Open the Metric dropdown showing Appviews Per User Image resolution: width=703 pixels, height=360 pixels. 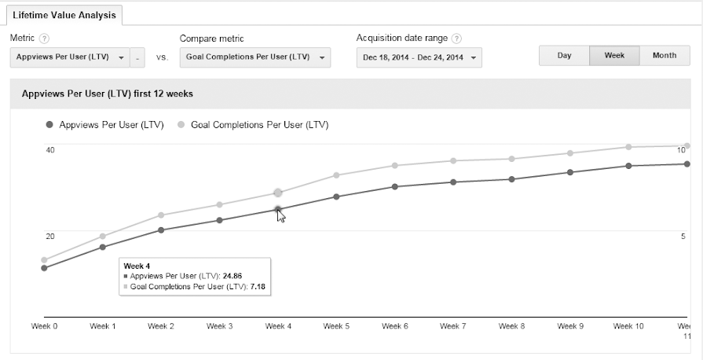pos(71,57)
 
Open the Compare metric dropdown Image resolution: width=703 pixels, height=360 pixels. pos(254,57)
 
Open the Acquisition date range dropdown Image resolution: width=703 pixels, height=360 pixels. pos(419,57)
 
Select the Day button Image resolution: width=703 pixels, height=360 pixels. pos(564,56)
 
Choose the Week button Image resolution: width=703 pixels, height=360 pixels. pos(614,56)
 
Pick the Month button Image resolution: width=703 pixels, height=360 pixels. pos(665,56)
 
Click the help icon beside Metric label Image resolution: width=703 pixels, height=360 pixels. pos(44,39)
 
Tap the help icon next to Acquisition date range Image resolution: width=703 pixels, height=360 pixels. pos(456,39)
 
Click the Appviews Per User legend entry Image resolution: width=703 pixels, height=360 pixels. pos(105,124)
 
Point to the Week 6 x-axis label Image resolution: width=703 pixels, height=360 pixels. pos(394,326)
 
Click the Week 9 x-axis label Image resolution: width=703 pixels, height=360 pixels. pos(570,326)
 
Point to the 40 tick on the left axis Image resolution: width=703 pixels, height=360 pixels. pos(49,149)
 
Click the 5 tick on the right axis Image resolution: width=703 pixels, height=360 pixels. pos(683,236)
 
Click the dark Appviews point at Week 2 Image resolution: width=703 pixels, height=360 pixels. pos(161,230)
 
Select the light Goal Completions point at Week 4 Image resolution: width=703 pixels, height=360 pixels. pos(277,193)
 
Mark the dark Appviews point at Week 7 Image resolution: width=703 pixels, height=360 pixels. pos(453,182)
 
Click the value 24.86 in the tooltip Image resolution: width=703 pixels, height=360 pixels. pos(232,276)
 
